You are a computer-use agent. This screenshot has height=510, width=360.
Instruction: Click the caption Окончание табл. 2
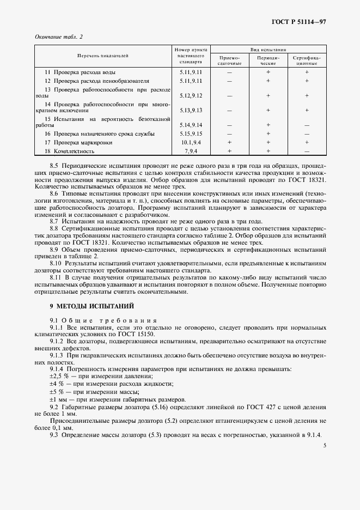click(59, 37)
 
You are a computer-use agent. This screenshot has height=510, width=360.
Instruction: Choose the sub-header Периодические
click(269, 60)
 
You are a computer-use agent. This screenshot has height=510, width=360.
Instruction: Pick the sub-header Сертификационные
click(307, 60)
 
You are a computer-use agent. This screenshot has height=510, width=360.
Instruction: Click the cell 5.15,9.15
click(191, 133)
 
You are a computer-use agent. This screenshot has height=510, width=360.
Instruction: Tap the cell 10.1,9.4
click(191, 142)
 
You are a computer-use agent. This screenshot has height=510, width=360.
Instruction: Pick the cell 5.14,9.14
click(191, 125)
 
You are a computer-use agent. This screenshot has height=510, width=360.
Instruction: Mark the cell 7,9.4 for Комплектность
click(191, 151)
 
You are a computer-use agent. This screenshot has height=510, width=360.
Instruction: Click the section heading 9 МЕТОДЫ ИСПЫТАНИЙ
click(87, 307)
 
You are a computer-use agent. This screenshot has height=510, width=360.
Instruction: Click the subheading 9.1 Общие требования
click(103, 321)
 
